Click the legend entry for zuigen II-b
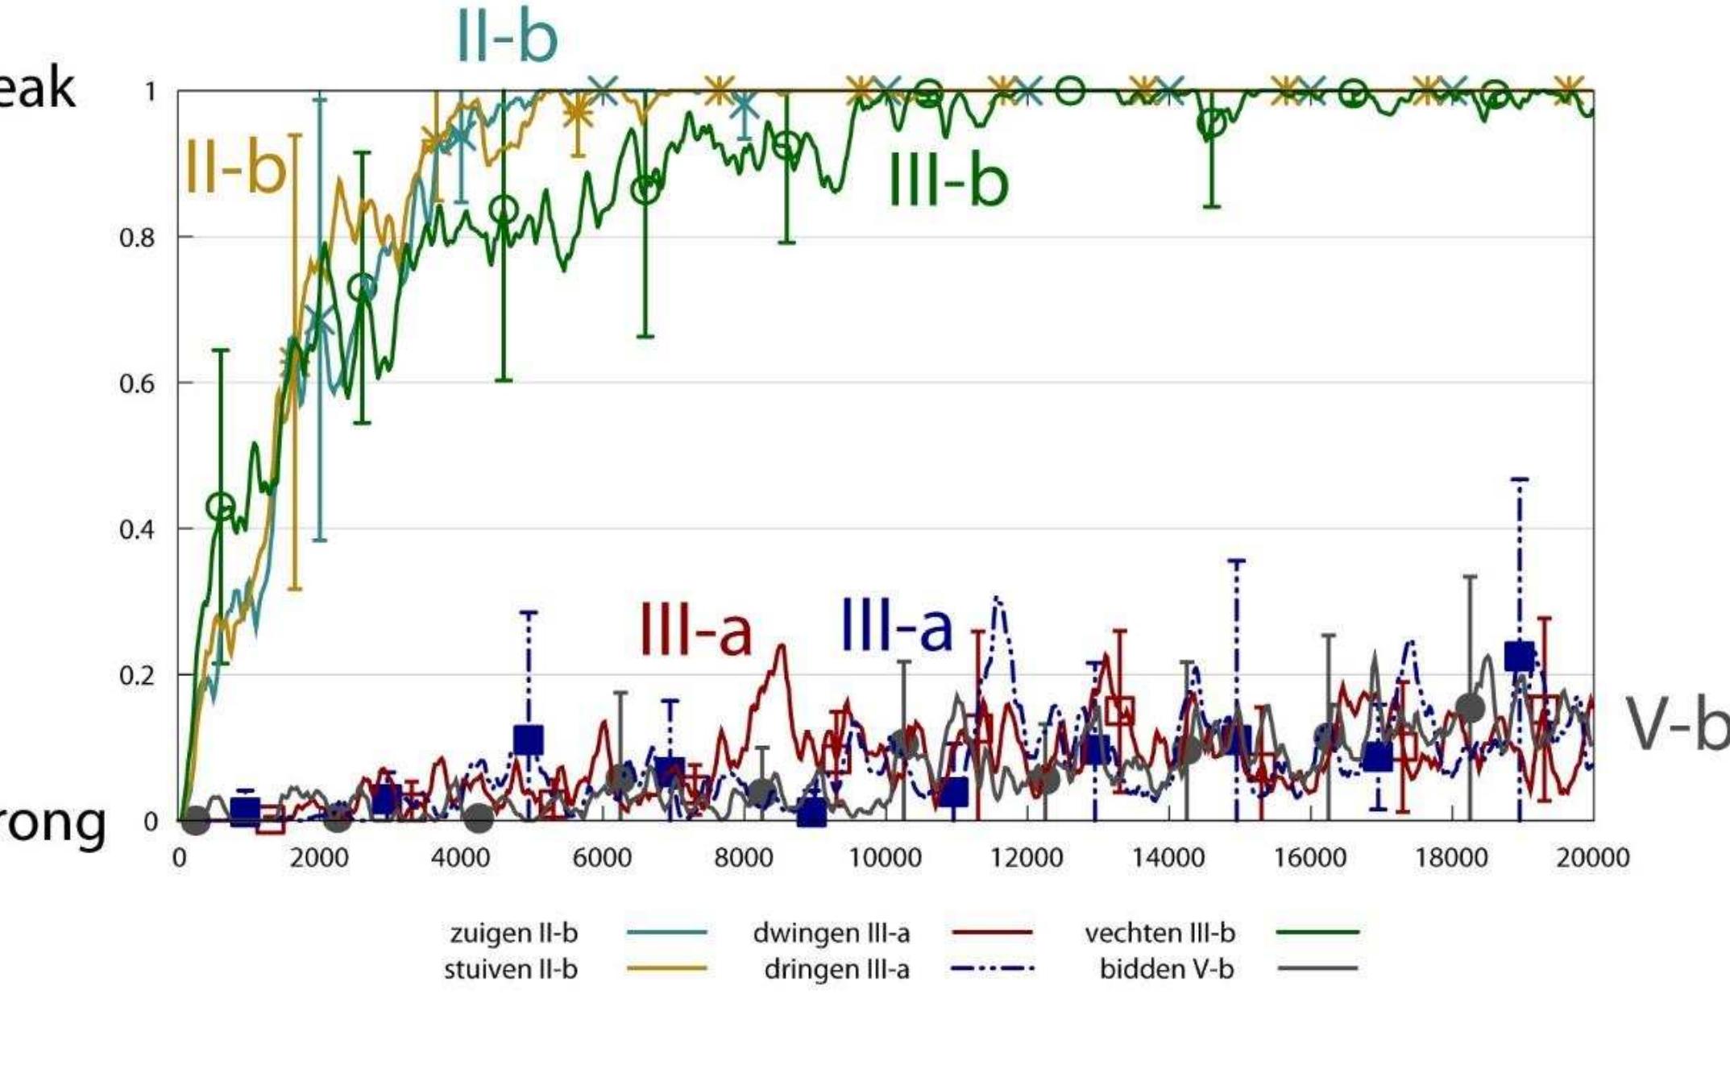(514, 933)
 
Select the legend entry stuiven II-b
(511, 968)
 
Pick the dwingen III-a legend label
(831, 933)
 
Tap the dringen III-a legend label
(836, 968)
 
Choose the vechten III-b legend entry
(1160, 933)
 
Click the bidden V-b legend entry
(1166, 968)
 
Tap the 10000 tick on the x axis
(885, 857)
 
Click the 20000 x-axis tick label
(1592, 857)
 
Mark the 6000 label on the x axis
(602, 857)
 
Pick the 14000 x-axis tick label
(1168, 857)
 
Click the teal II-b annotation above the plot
(507, 37)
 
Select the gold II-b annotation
(235, 168)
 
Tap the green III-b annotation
(948, 180)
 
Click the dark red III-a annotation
(695, 628)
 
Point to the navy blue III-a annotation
(896, 625)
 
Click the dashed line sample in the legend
(992, 968)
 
